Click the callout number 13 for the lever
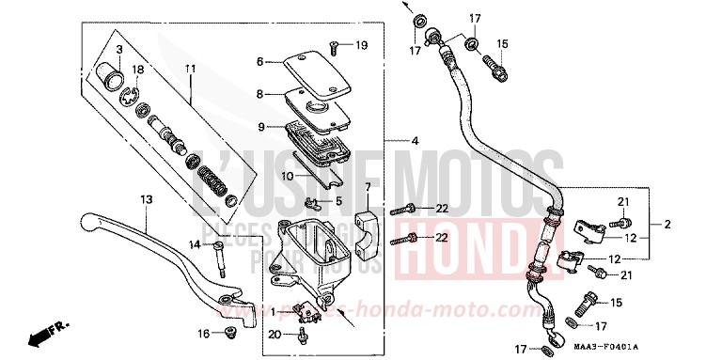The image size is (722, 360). [x=147, y=200]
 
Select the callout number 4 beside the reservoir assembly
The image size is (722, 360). [x=415, y=141]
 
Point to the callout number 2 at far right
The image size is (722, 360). [x=667, y=224]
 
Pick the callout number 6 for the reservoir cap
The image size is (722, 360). [x=260, y=62]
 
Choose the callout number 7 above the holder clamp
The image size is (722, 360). [x=368, y=188]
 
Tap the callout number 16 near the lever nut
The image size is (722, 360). [x=204, y=334]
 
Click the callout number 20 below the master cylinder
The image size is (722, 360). [x=273, y=333]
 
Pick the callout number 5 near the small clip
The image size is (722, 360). [x=339, y=199]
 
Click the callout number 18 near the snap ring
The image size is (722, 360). [x=138, y=70]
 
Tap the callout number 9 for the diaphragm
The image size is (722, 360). [x=260, y=127]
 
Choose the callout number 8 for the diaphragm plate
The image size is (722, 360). [x=260, y=94]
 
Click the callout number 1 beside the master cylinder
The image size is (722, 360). [x=274, y=311]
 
